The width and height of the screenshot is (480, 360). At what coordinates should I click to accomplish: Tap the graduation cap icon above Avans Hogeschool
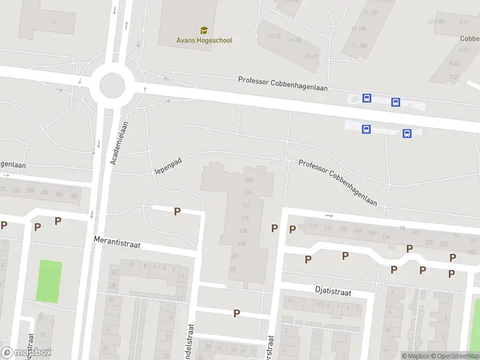(204, 30)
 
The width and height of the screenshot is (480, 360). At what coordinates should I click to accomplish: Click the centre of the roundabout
(112, 85)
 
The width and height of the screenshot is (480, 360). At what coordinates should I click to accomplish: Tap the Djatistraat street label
(333, 290)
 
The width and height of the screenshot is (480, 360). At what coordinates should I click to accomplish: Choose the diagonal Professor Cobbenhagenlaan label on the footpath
(338, 182)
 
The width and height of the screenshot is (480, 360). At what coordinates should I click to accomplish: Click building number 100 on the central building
(249, 180)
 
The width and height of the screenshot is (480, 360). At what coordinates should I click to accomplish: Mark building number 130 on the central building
(242, 243)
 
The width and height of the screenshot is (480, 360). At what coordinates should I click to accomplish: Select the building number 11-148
(360, 46)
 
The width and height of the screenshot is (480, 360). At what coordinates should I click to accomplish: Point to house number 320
(74, 196)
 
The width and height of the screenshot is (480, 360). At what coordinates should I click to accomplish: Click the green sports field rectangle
(49, 281)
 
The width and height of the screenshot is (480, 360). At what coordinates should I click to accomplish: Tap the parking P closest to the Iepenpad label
(177, 211)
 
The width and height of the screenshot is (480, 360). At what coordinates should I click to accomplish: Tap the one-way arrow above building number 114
(328, 215)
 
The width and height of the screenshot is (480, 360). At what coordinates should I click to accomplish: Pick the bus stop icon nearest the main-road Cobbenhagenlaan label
(367, 98)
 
